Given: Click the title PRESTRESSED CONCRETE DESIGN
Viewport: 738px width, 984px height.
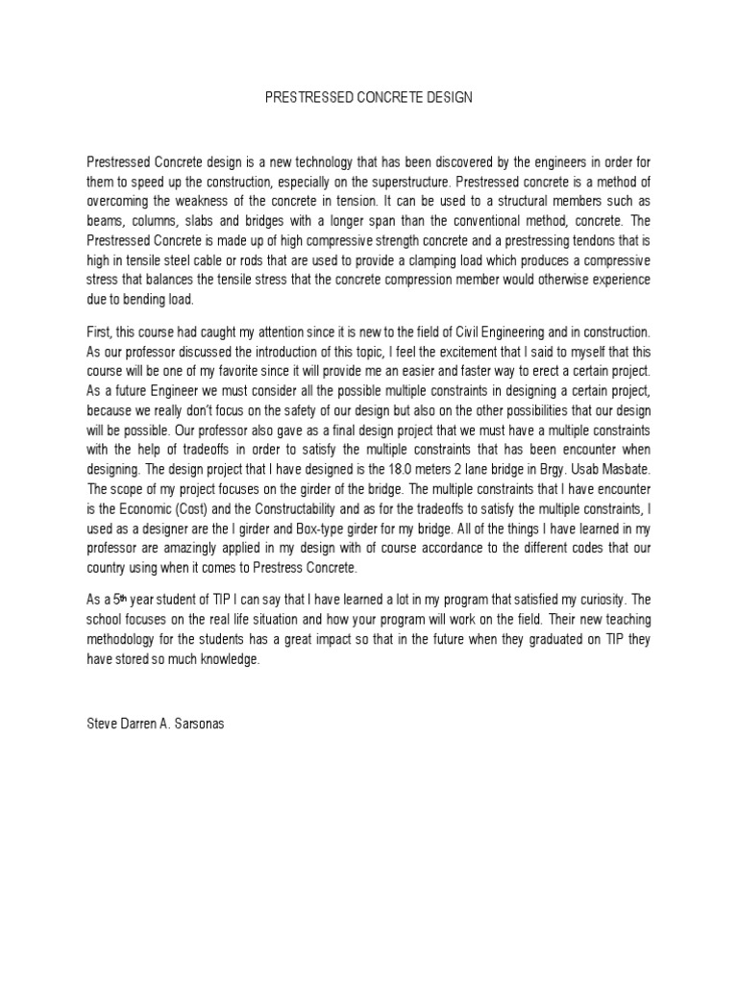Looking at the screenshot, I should [x=368, y=99].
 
